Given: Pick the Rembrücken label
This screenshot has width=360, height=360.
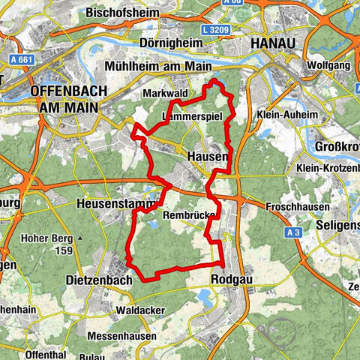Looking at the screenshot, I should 188,215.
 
